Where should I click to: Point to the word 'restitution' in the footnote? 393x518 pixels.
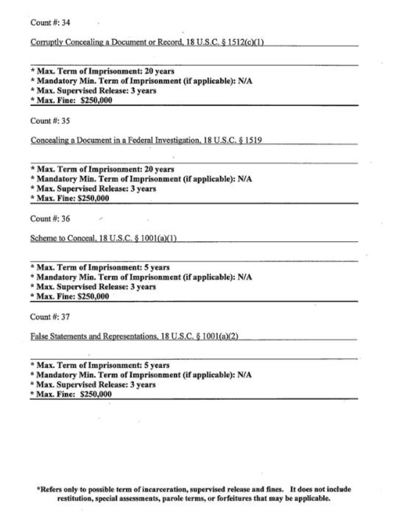[76, 498]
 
